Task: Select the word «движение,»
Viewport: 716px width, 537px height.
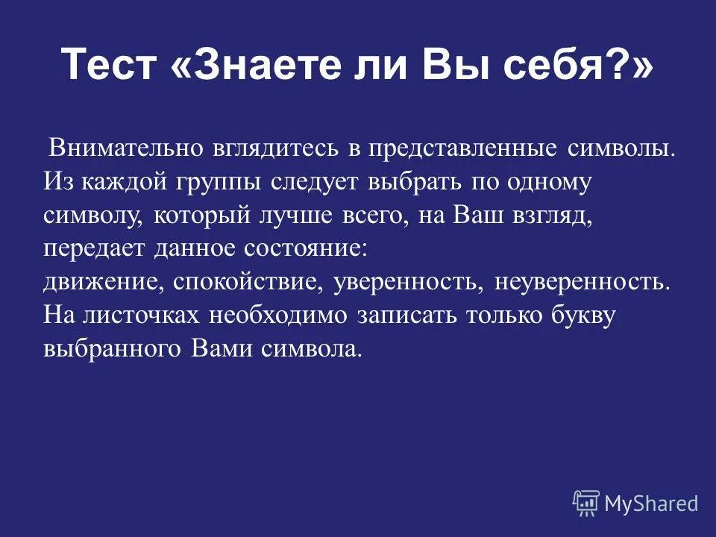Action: click(104, 282)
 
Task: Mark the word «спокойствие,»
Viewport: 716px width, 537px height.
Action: click(250, 282)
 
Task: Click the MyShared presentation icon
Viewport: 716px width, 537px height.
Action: click(585, 502)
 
